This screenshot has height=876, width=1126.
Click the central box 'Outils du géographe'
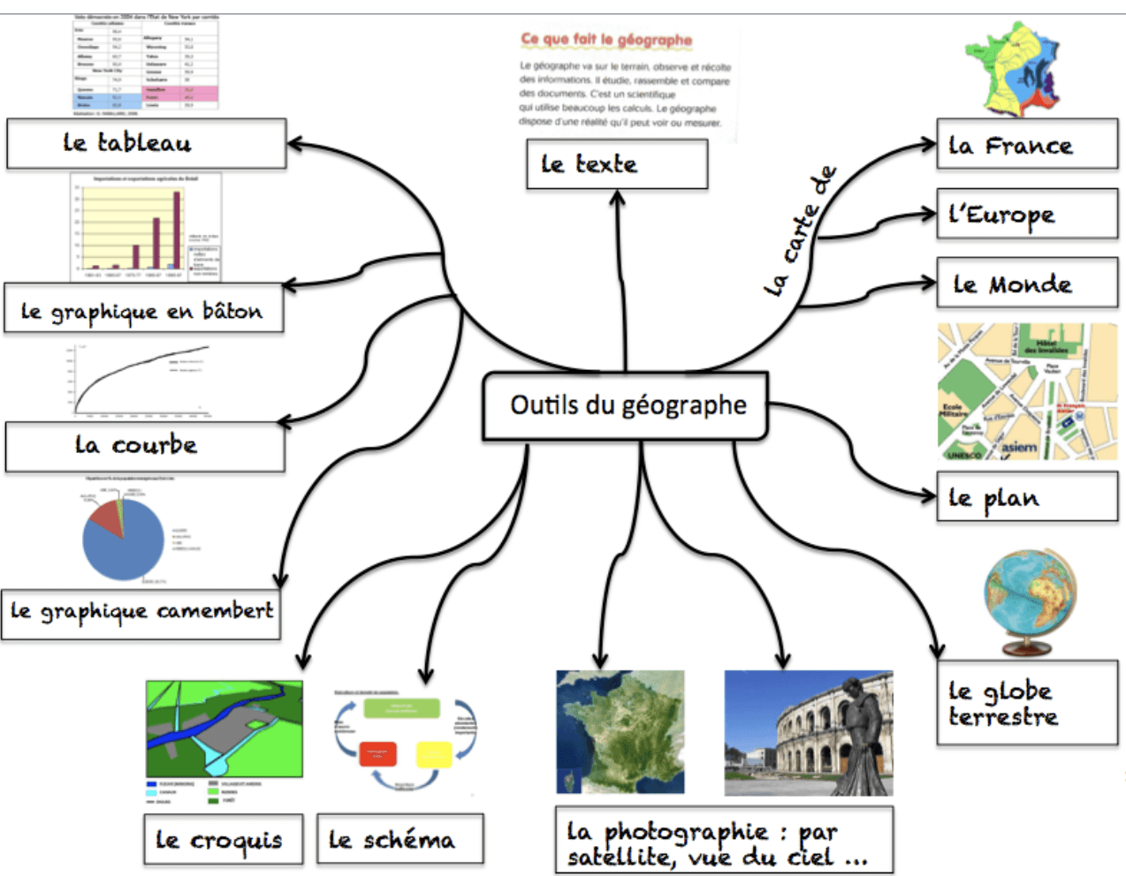[x=625, y=405]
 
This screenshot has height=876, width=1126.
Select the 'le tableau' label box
[x=147, y=143]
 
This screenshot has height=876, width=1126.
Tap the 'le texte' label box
[x=617, y=164]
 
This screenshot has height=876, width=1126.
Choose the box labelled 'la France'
[x=1026, y=145]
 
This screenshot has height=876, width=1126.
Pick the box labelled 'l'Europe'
[x=1026, y=215]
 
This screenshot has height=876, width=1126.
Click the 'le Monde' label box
[x=1026, y=283]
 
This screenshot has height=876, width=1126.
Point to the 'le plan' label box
[x=1026, y=498]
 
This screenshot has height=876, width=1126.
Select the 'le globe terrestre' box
[x=1026, y=703]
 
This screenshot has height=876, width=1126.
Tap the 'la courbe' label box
[x=145, y=446]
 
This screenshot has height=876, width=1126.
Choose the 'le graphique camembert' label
[x=141, y=613]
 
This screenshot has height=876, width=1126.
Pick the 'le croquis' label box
[x=223, y=839]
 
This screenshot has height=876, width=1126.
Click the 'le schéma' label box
[x=399, y=839]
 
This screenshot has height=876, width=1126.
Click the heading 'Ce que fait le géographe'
[x=606, y=40]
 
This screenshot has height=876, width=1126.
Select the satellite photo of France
[x=620, y=731]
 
